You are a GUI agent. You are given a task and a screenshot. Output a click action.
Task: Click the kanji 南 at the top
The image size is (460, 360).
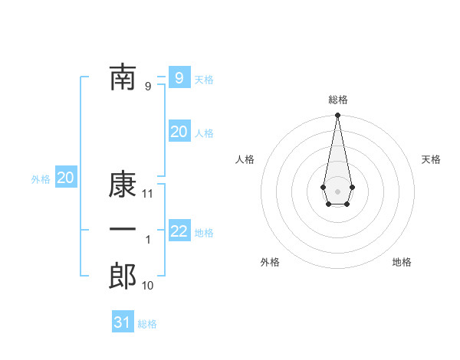click(x=123, y=77)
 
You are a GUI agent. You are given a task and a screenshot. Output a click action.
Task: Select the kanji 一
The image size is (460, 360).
click(x=123, y=230)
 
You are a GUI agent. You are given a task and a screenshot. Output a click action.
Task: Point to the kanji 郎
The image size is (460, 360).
click(x=123, y=277)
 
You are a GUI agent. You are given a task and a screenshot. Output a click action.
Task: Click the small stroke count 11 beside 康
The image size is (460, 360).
click(x=149, y=194)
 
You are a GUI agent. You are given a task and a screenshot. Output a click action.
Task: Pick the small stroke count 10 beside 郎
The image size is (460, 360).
click(x=148, y=286)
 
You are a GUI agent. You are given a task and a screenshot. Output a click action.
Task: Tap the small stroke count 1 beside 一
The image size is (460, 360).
click(x=148, y=240)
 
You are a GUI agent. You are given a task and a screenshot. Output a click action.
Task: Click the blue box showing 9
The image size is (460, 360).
click(x=179, y=77)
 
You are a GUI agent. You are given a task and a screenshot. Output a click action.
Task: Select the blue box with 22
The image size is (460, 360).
click(x=179, y=231)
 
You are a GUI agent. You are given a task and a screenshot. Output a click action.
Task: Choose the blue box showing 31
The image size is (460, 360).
click(x=123, y=322)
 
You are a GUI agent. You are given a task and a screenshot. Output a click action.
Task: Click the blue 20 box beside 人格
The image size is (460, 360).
click(x=179, y=131)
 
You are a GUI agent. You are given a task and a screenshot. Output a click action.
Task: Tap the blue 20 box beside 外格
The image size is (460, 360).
click(x=65, y=178)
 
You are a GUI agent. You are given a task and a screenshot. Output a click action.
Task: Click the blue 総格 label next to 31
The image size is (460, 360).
click(x=147, y=324)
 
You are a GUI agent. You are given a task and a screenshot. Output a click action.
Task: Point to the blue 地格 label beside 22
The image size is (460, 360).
click(x=204, y=232)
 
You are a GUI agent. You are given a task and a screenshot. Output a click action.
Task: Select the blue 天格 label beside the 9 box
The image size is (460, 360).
click(x=204, y=80)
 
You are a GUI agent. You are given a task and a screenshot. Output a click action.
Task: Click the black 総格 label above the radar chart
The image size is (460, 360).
click(x=337, y=100)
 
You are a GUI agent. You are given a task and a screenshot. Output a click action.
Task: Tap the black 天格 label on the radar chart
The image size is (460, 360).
click(x=431, y=159)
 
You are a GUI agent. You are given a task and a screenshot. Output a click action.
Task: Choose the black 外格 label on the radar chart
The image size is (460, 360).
click(x=270, y=262)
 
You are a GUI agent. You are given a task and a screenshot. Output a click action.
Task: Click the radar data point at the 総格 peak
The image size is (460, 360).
click(x=337, y=116)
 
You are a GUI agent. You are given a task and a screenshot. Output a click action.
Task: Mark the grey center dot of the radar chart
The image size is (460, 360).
click(x=337, y=190)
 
